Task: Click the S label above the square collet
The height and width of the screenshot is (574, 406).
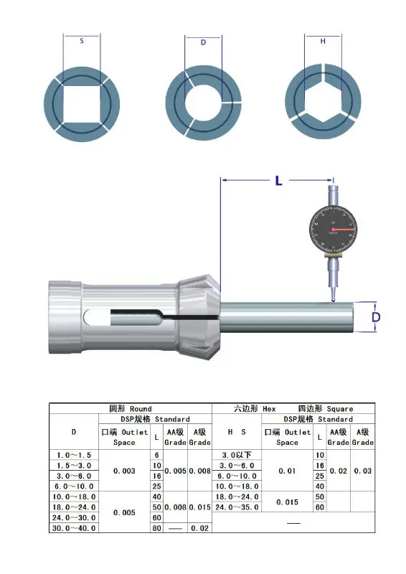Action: point(81,42)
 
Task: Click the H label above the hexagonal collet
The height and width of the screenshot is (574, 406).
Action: point(323,42)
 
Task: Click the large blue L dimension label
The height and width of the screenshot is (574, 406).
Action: point(278,181)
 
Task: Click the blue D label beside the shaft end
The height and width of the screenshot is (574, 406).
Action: point(376,316)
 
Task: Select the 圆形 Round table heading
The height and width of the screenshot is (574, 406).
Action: point(131,408)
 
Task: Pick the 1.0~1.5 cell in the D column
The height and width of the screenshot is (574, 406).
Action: point(73,456)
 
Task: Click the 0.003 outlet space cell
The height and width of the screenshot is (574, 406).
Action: point(124,471)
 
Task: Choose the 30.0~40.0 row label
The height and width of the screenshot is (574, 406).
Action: point(73,528)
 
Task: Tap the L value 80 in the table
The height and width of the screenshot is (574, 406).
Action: point(157,528)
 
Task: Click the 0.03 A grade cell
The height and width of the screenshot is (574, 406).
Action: point(363,471)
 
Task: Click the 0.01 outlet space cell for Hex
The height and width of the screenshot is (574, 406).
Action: point(287,471)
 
